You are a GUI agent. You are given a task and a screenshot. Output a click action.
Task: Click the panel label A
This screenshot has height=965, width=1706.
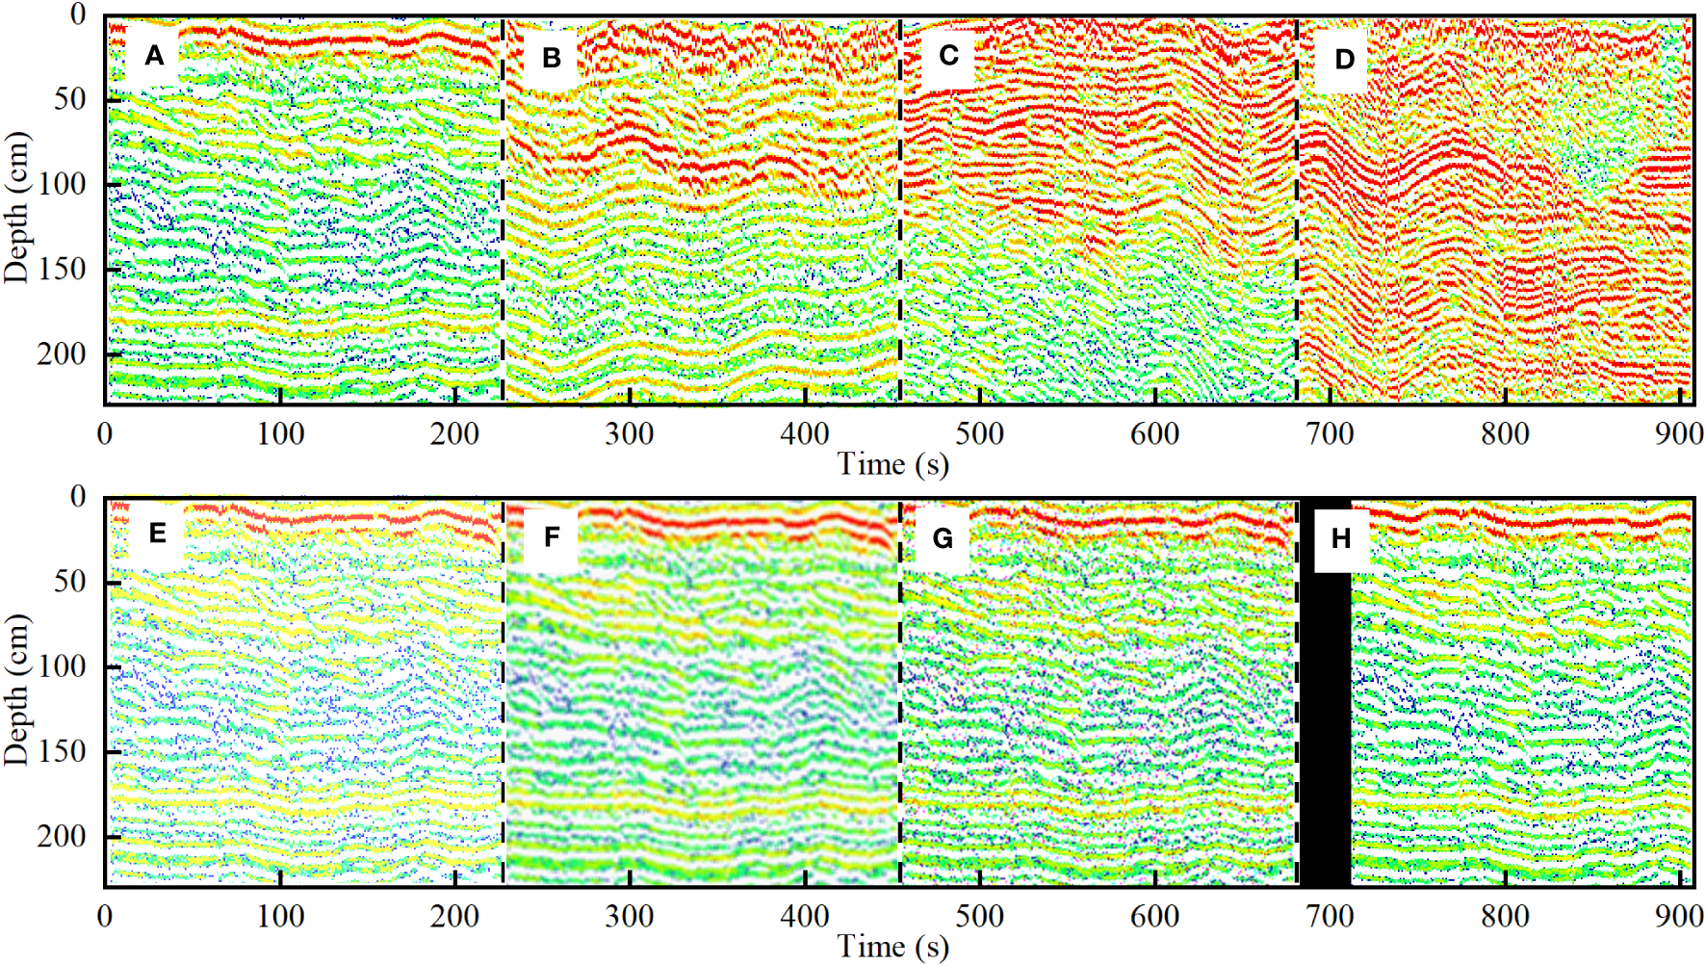tap(154, 56)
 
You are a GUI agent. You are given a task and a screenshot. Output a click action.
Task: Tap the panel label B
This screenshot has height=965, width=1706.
tap(552, 58)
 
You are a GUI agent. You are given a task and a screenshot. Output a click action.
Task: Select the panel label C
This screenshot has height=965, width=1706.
tap(948, 56)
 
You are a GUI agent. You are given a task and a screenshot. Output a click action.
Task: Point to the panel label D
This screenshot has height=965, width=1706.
tap(1344, 59)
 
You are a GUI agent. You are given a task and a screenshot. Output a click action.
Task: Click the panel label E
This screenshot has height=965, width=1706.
tap(157, 534)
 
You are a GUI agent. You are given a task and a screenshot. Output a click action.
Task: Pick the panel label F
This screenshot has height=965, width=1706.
tap(552, 537)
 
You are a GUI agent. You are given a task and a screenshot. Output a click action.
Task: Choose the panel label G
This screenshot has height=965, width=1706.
tap(943, 538)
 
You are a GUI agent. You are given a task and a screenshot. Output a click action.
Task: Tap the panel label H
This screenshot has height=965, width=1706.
tap(1341, 538)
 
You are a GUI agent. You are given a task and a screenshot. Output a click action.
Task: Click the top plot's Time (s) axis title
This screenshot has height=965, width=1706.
tap(892, 464)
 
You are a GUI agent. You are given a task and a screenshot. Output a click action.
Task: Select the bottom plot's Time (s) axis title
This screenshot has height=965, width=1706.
tap(892, 946)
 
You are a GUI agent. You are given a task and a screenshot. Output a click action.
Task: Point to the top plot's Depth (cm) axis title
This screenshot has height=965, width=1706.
tap(16, 206)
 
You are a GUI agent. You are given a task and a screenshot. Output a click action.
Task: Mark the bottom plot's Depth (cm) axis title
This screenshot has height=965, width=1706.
tap(16, 690)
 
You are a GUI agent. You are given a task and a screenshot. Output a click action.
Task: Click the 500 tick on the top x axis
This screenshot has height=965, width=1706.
tap(979, 433)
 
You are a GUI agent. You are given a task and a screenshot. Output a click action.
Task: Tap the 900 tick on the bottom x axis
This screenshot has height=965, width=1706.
tap(1679, 916)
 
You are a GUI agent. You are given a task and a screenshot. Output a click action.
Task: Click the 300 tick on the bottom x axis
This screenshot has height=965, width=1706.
tap(629, 916)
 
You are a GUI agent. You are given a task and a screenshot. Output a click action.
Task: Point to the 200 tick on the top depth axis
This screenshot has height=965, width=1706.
tap(62, 354)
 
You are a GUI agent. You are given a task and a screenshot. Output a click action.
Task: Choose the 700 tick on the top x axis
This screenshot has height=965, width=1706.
tap(1330, 433)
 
